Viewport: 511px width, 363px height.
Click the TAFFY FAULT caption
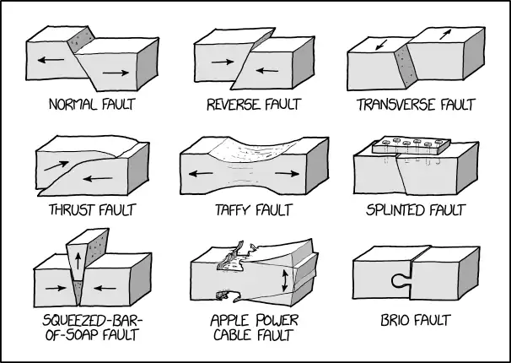[x=249, y=209]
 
